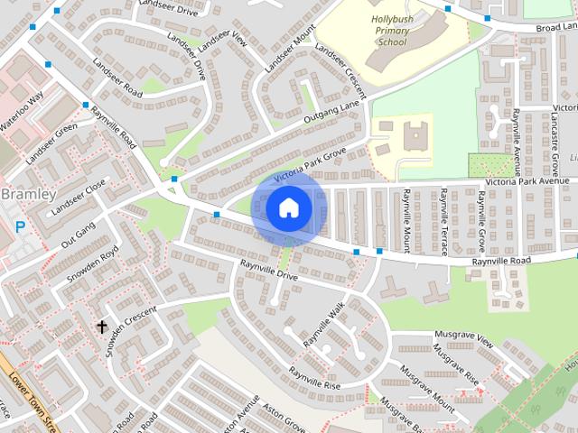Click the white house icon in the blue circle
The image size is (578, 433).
click(x=288, y=208)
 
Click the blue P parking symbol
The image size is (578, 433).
click(x=20, y=228)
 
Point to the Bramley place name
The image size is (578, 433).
click(x=28, y=194)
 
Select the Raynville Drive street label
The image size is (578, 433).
click(x=268, y=271)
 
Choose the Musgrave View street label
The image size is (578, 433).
click(x=463, y=337)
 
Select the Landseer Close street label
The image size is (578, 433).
click(x=78, y=199)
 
